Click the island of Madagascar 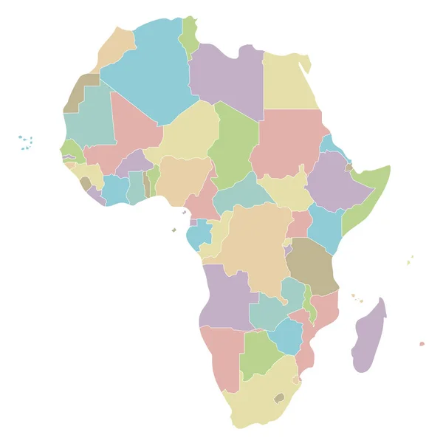368,336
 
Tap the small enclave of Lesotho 279,397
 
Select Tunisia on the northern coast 190,37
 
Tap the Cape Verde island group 26,142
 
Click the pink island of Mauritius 422,343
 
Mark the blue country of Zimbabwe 286,334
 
